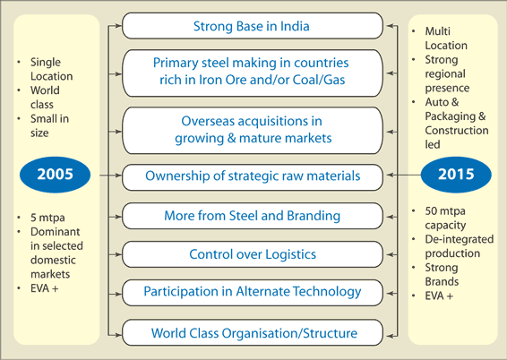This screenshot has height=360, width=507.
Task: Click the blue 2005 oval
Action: coord(55,175)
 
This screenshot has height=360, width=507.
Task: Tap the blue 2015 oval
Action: coord(456,175)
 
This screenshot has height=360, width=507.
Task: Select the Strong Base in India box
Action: coord(253,26)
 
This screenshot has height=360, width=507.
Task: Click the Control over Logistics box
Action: coord(253,254)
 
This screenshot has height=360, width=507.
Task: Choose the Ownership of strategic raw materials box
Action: coord(253,177)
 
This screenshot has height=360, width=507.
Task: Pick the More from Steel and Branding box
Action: coord(253,216)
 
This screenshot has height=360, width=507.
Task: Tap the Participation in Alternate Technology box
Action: coord(253,293)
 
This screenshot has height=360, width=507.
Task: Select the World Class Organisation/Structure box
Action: coord(253,333)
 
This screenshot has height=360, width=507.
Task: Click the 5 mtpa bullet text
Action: coord(47,218)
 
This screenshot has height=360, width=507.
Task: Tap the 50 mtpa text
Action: coord(445,211)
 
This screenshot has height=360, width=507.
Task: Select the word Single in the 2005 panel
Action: coord(46,62)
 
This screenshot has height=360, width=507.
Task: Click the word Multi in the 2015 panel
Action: coord(437,31)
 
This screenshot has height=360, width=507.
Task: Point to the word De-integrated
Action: coord(460,239)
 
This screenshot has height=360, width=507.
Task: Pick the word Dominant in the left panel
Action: coord(55,232)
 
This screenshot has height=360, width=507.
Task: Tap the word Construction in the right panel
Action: coord(457,131)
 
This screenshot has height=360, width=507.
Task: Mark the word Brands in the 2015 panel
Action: coord(442,282)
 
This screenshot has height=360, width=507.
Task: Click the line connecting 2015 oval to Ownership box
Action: coord(403,175)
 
